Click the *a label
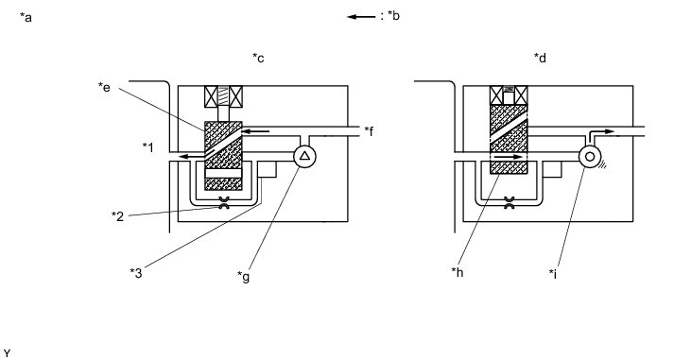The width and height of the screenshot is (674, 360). tap(26, 18)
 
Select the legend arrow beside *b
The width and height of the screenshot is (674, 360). tap(361, 17)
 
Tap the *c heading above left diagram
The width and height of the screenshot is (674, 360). tap(258, 58)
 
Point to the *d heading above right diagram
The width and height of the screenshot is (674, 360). tap(540, 57)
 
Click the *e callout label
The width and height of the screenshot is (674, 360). tap(104, 87)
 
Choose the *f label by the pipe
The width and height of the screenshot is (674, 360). tap(369, 130)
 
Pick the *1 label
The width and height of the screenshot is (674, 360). tap(147, 147)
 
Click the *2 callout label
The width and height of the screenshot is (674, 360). tap(118, 216)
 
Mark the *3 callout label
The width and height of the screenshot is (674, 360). tap(136, 273)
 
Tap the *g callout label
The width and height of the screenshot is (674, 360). tap(243, 277)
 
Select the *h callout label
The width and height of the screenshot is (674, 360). tap(458, 272)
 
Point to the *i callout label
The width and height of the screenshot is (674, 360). tap(553, 273)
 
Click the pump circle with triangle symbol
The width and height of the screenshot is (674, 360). tap(304, 156)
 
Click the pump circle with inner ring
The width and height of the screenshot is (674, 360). tap(590, 156)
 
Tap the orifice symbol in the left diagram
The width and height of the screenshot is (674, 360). tap(223, 202)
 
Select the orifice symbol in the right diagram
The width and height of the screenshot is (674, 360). tap(509, 202)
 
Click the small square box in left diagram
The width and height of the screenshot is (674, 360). tap(267, 169)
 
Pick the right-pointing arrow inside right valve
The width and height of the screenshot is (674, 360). tap(508, 157)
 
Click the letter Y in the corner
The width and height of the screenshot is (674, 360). tap(7, 353)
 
